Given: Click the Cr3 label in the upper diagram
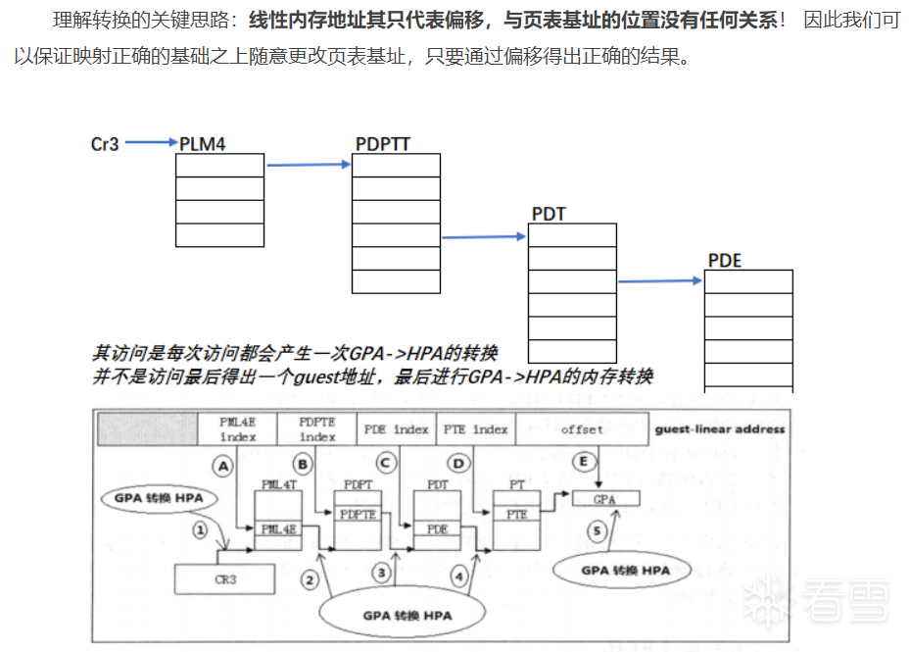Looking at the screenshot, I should pyautogui.click(x=105, y=144).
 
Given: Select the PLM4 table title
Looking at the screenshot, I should pyautogui.click(x=203, y=144).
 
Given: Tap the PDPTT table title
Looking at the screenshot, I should pyautogui.click(x=382, y=144).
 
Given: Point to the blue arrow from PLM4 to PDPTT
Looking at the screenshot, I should pyautogui.click(x=308, y=165).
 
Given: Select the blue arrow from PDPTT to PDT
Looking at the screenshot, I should pyautogui.click(x=485, y=236).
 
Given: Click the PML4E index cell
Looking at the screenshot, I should pyautogui.click(x=237, y=429).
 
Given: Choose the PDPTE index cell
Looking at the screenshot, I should pyautogui.click(x=317, y=429).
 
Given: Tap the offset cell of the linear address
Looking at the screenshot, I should pyautogui.click(x=582, y=429).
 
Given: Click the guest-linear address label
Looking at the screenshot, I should pyautogui.click(x=719, y=429).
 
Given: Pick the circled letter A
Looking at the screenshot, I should pyautogui.click(x=223, y=467).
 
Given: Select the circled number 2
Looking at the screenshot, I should pyautogui.click(x=310, y=579).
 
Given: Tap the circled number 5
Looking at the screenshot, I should pyautogui.click(x=599, y=530).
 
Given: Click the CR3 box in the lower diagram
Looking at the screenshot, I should pyautogui.click(x=225, y=579).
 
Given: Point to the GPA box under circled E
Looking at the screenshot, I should pyautogui.click(x=604, y=499).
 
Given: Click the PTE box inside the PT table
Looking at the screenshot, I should pyautogui.click(x=516, y=514).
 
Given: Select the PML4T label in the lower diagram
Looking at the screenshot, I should pyautogui.click(x=273, y=484).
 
